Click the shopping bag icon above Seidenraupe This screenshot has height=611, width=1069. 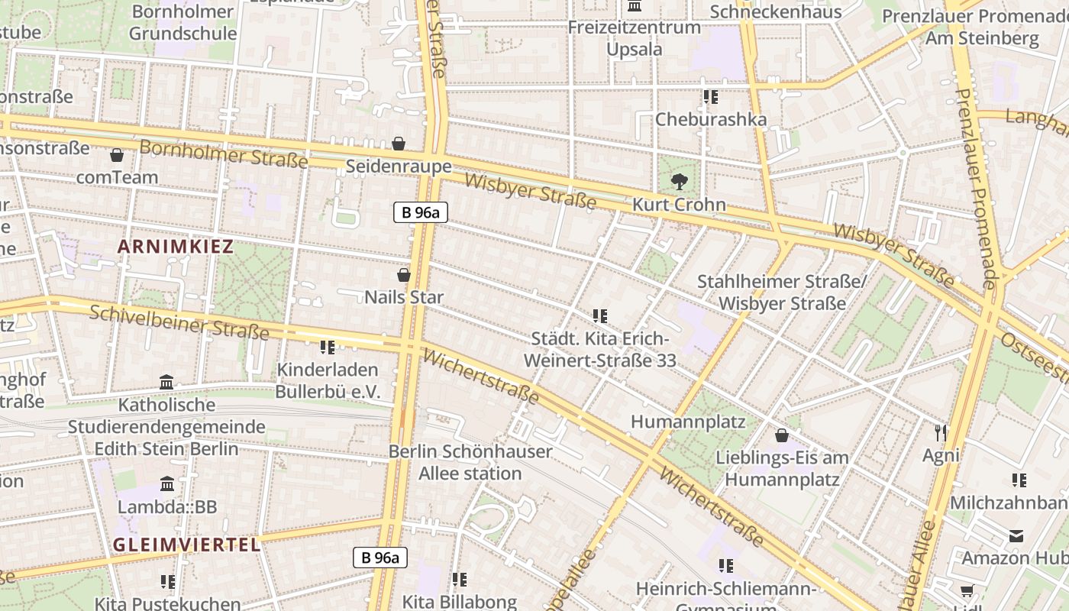pos(398,144)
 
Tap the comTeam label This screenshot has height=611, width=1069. pos(117,177)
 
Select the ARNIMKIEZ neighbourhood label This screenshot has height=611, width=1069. pos(176,246)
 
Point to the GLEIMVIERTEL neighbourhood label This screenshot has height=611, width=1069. pos(187,544)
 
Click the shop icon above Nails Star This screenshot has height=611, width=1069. pos(404,275)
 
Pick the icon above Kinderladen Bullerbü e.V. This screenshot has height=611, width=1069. pos(328,348)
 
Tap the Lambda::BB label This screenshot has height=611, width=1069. pos(167,506)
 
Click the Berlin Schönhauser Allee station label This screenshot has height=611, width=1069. pos(470,462)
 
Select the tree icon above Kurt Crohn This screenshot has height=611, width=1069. pos(679,182)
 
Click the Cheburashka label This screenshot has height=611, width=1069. pos(711,119)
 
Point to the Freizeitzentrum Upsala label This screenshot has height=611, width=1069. pos(634,38)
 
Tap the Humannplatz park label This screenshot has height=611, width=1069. pos(677,422)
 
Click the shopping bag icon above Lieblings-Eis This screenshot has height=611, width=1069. pos(782,435)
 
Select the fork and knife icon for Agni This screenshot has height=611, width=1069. pos(941,433)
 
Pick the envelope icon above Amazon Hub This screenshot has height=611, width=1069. pos(1016,535)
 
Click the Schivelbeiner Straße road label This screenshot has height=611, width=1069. pos(179,322)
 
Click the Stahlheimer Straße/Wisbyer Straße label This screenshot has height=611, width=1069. pos(782,293)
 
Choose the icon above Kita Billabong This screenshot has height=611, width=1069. pos(459,580)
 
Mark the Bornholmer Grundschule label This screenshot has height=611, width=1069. pos(182,22)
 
